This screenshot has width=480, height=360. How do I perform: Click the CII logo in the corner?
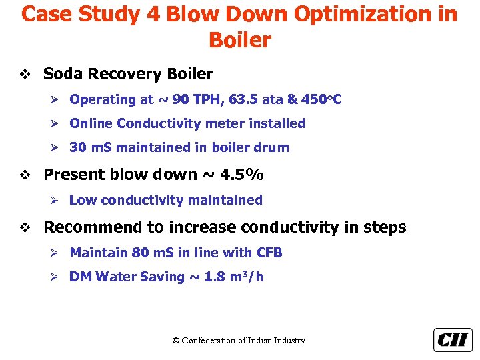click(x=453, y=340)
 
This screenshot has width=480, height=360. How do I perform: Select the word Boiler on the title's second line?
click(x=240, y=40)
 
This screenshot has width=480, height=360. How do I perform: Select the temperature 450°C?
click(x=321, y=100)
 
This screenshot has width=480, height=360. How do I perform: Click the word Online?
click(x=91, y=123)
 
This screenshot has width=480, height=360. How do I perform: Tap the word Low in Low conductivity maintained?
click(x=83, y=200)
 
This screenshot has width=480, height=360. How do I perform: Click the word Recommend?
click(x=93, y=227)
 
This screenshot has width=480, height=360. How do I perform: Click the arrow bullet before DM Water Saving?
click(x=57, y=277)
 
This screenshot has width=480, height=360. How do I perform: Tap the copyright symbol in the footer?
click(x=176, y=341)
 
